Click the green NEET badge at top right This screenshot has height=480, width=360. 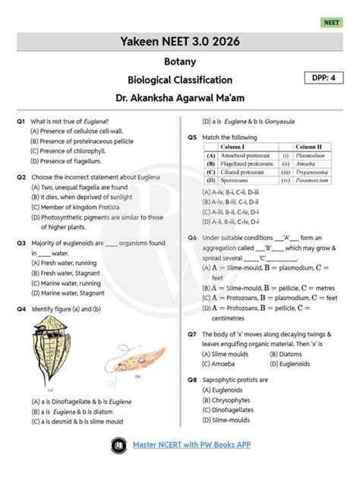(x=333, y=24)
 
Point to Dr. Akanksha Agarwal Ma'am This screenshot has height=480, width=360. (x=180, y=97)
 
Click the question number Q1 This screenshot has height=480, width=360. (x=21, y=121)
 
